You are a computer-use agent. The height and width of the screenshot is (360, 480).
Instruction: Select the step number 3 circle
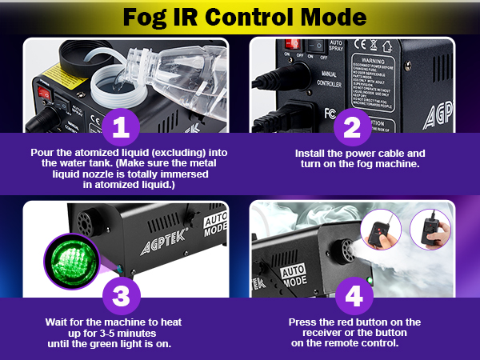coord(120,295)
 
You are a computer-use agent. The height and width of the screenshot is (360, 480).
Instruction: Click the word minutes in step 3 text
coord(151,333)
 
